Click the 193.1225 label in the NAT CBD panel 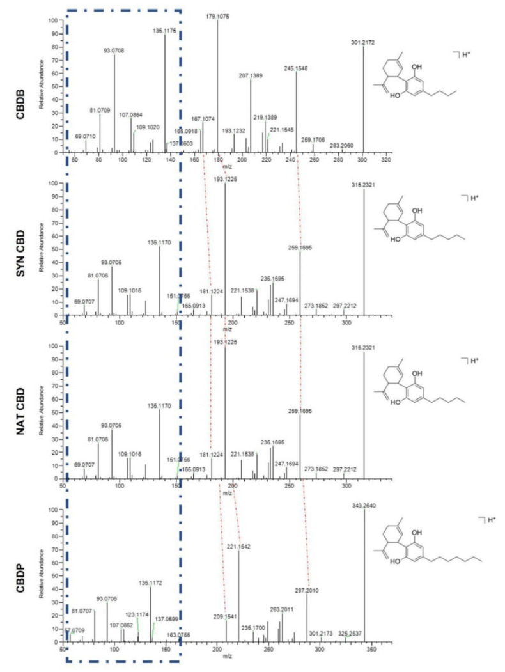click(225, 342)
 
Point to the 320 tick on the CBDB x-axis click(386, 162)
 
